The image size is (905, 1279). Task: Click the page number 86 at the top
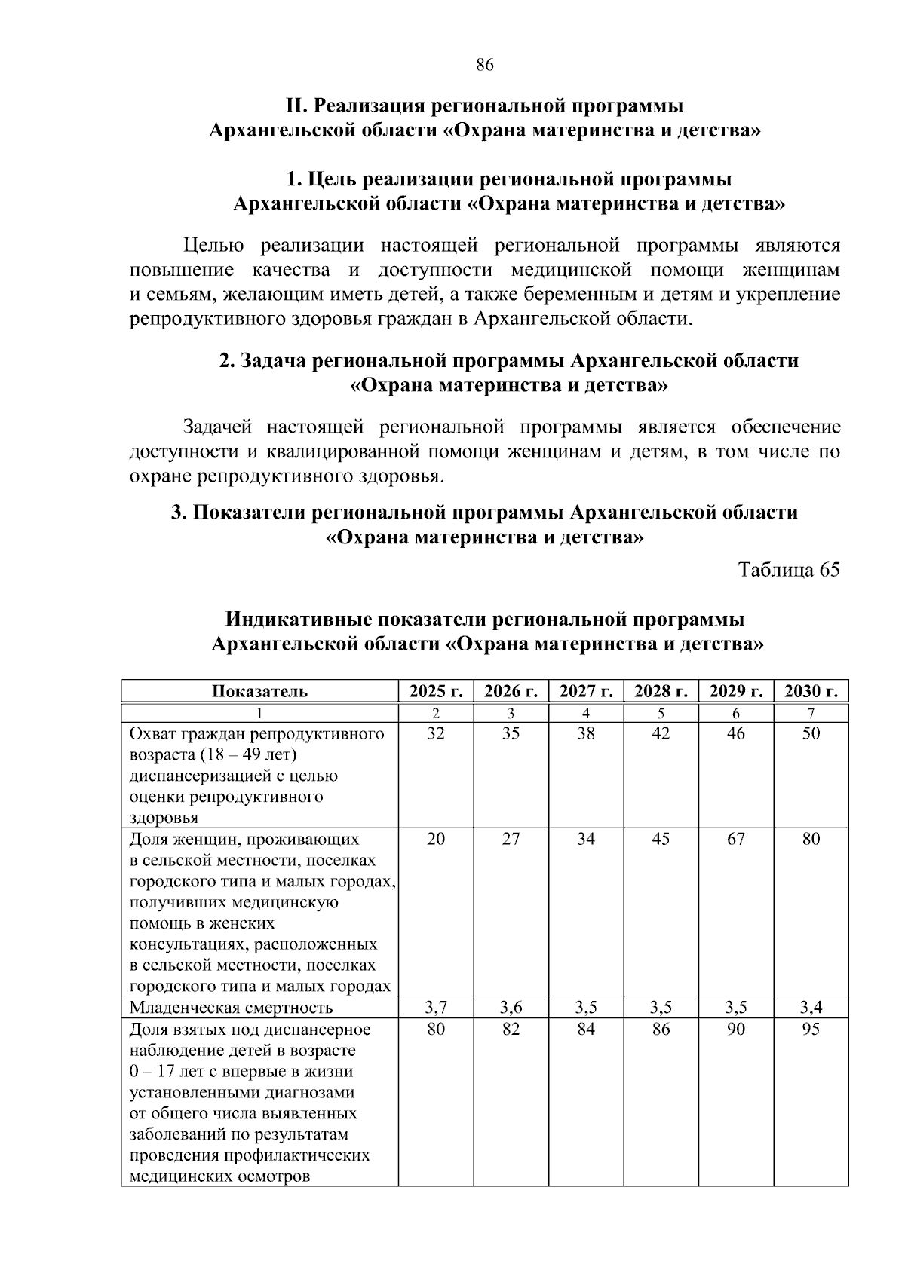(485, 66)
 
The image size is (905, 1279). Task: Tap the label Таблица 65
(789, 570)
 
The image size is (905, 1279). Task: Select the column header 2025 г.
(435, 691)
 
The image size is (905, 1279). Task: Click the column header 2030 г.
(811, 691)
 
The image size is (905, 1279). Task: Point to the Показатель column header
(259, 691)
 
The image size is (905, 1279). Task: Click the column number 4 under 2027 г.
(586, 714)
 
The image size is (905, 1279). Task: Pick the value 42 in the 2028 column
(661, 733)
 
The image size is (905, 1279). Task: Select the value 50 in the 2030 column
(811, 733)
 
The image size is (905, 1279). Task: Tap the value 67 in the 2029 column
(736, 839)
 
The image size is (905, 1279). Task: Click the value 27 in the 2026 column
(511, 839)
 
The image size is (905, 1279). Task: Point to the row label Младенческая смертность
(231, 1008)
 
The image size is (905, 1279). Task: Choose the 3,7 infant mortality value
(435, 1008)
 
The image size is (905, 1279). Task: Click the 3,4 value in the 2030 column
(811, 1008)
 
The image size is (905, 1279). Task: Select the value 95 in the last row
(811, 1030)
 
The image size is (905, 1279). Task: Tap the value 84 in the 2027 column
(586, 1030)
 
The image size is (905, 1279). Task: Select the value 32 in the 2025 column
(435, 733)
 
